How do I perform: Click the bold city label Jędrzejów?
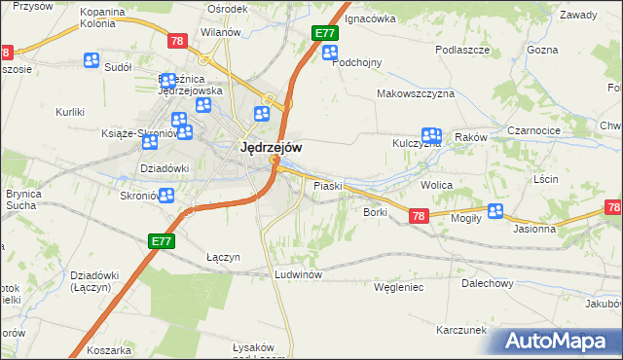pos(270,147)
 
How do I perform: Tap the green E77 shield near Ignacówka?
pos(324,34)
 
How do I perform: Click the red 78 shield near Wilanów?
pos(176,41)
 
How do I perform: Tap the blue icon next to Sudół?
pos(92,61)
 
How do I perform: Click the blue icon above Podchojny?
pos(330,54)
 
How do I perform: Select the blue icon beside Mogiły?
pos(495,210)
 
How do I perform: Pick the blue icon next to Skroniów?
pos(166,196)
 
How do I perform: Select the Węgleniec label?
pos(399,287)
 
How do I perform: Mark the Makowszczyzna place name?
pos(416,93)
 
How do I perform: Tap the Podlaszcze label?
pos(460,50)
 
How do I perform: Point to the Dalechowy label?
pos(488,283)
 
